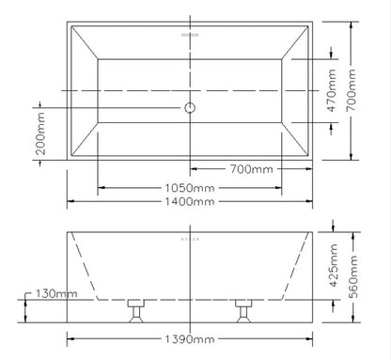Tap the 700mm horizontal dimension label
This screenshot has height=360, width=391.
tap(253, 171)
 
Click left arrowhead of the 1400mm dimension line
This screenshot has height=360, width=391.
tap(69, 201)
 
